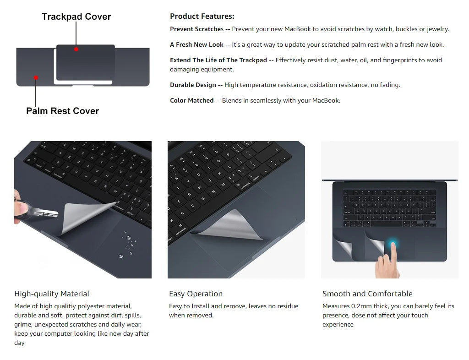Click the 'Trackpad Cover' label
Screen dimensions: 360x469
coord(76,17)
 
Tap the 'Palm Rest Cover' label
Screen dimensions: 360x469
coord(62,111)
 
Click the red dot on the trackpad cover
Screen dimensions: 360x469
coord(76,49)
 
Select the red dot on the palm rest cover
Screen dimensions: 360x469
coord(36,77)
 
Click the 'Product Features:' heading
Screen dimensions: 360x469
coord(202,16)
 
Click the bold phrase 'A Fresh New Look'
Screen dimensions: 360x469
coord(196,45)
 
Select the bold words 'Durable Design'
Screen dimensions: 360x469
coord(193,85)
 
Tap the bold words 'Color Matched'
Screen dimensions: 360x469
coord(191,101)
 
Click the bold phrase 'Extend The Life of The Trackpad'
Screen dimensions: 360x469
coord(218,60)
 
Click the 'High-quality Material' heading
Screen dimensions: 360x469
coord(52,294)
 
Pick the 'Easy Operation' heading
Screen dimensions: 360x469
coord(196,294)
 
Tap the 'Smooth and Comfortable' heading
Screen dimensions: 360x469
coord(367,294)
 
